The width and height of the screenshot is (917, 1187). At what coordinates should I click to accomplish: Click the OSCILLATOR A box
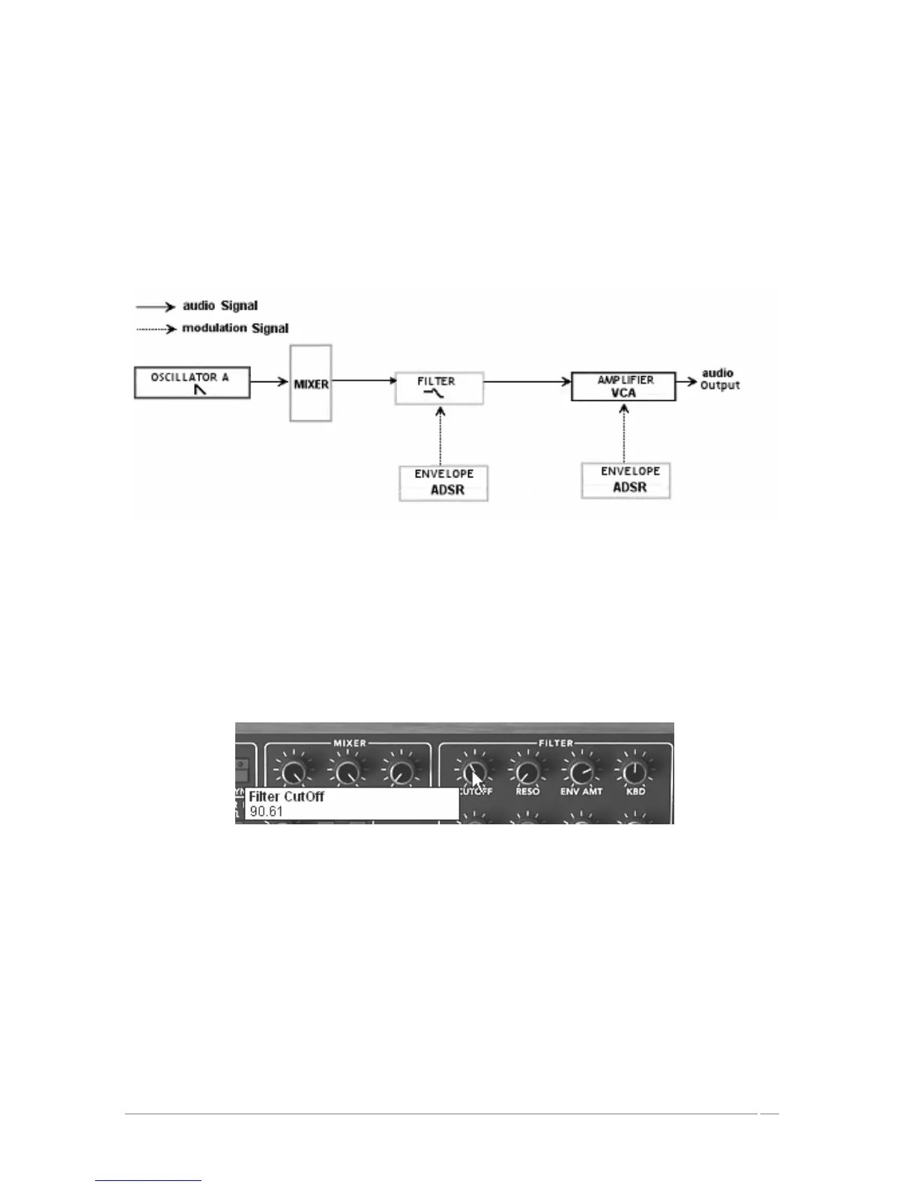pyautogui.click(x=192, y=382)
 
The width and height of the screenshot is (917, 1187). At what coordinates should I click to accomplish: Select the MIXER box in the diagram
pyautogui.click(x=311, y=384)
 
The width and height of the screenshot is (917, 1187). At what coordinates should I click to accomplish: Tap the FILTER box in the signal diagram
pyautogui.click(x=439, y=387)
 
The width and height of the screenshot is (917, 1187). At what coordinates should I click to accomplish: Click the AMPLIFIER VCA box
pyautogui.click(x=623, y=386)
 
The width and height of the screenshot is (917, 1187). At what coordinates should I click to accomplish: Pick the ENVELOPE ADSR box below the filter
pyautogui.click(x=444, y=483)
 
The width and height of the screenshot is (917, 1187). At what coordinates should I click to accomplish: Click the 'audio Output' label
pyautogui.click(x=719, y=379)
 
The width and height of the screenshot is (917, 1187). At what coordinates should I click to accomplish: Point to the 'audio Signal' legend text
pyautogui.click(x=220, y=306)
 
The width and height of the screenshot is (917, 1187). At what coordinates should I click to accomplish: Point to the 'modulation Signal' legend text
pyautogui.click(x=234, y=328)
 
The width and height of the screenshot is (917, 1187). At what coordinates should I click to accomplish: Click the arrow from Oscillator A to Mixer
pyautogui.click(x=270, y=382)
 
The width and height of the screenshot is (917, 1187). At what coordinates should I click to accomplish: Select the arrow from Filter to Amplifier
pyautogui.click(x=527, y=382)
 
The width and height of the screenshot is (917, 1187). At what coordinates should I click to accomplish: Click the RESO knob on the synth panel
pyautogui.click(x=527, y=771)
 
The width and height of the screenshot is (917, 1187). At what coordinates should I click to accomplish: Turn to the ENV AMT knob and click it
pyautogui.click(x=581, y=771)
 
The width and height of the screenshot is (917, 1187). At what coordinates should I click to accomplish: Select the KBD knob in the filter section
pyautogui.click(x=634, y=771)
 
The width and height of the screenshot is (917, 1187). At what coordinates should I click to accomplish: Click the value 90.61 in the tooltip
pyautogui.click(x=267, y=812)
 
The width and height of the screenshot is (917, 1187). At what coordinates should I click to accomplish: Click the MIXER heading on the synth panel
pyautogui.click(x=350, y=743)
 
